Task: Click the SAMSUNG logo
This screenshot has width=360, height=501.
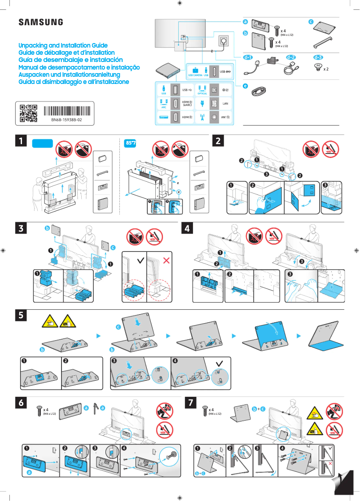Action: (x=40, y=22)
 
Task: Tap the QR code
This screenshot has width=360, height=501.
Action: (x=28, y=114)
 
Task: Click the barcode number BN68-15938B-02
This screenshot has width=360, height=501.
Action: (x=66, y=121)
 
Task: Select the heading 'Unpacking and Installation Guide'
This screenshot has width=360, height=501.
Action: (x=63, y=46)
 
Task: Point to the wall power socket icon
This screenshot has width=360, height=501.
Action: (x=224, y=41)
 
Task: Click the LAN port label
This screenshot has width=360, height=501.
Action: (x=226, y=103)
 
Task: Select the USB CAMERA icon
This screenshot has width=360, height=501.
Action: (x=195, y=71)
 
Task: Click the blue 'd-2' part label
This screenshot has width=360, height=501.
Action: (x=291, y=57)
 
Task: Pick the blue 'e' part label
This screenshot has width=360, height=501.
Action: (x=245, y=85)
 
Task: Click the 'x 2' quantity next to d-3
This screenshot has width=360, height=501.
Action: (x=326, y=70)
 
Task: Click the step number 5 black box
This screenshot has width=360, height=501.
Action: (x=20, y=316)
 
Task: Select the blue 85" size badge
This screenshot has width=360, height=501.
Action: (x=131, y=143)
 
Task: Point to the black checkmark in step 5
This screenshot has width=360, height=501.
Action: (x=219, y=363)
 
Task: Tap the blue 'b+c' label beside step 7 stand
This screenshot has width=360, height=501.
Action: (x=258, y=409)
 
